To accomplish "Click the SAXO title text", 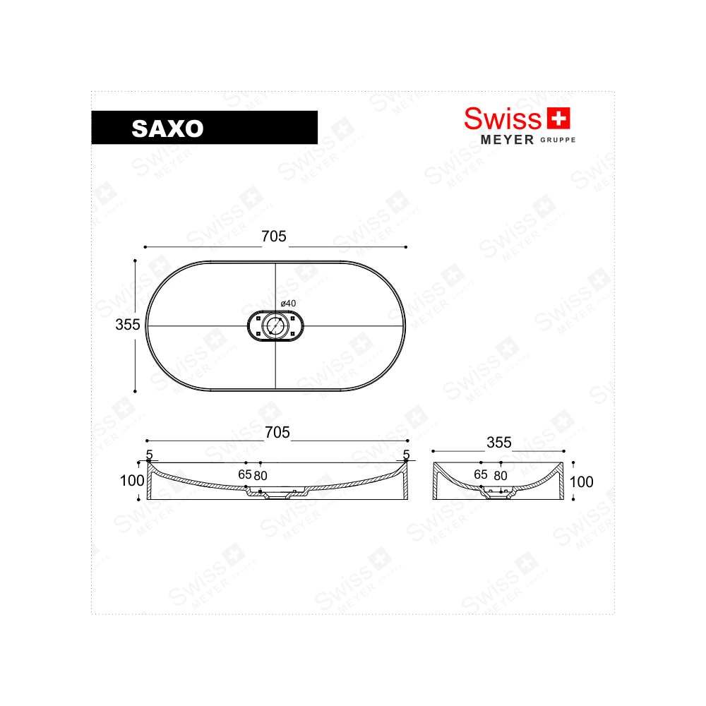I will click(x=167, y=128).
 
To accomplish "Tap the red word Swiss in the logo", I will click(x=502, y=118).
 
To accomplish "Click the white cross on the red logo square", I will click(x=558, y=119).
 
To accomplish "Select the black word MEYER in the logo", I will click(x=507, y=140).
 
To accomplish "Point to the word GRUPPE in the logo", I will click(x=558, y=140).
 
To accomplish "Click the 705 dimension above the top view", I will click(x=274, y=237).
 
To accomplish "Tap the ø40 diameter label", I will click(x=287, y=303).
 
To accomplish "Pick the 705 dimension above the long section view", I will click(x=277, y=433).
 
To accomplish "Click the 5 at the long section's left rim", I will click(x=149, y=455).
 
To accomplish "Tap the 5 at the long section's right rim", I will click(x=405, y=455).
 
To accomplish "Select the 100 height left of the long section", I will click(x=132, y=481).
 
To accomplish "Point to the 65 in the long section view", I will click(x=244, y=474).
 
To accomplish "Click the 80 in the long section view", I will click(x=261, y=475).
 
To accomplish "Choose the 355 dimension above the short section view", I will click(x=498, y=443).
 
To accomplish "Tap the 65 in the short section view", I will click(x=481, y=474).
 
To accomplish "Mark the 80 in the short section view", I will click(x=501, y=475).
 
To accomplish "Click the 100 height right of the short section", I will click(x=581, y=482).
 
